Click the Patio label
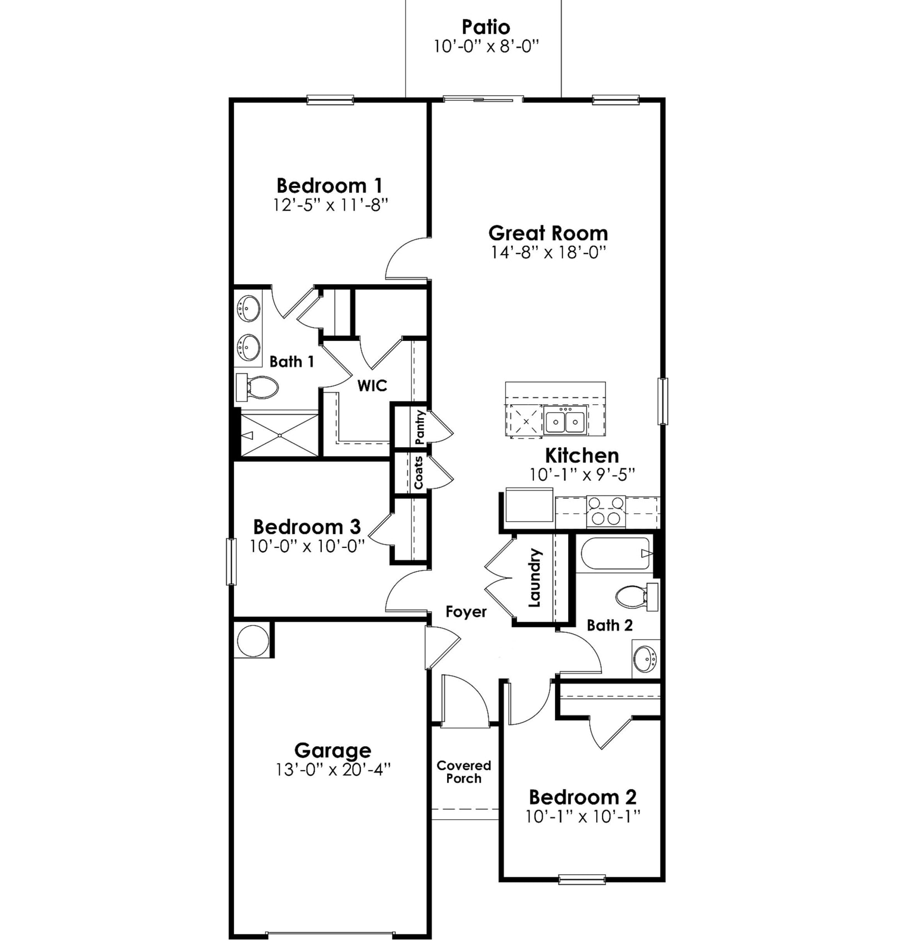point(485,27)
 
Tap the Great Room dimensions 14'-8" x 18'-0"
point(548,252)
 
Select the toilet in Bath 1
point(259,388)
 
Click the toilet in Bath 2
point(634,597)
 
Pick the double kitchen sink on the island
point(565,422)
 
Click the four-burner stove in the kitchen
point(606,511)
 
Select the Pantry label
point(420,427)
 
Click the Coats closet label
point(419,473)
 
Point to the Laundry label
point(534,578)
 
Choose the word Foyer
point(466,612)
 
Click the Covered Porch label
point(464,772)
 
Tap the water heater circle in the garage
point(252,641)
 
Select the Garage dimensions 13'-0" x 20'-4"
point(333,770)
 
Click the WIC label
point(372,385)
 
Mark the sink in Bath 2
point(646,659)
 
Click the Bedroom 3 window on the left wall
point(231,561)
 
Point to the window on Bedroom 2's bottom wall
point(582,879)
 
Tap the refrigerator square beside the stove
point(529,505)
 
